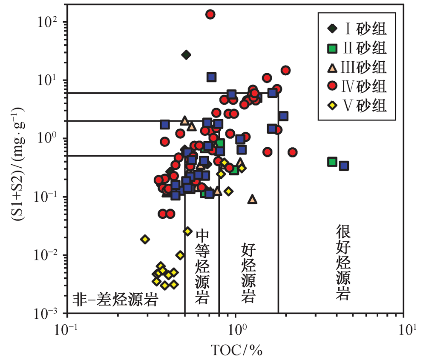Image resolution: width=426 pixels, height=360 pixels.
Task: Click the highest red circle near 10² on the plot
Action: [210, 14]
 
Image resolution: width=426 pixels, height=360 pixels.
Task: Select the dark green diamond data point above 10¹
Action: [186, 55]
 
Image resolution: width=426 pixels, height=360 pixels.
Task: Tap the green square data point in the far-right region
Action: [332, 162]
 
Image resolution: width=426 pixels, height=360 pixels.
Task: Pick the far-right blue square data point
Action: [344, 166]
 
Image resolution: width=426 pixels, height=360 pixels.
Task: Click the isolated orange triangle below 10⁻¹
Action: [252, 200]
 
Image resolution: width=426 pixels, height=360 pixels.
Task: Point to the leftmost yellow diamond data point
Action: [145, 239]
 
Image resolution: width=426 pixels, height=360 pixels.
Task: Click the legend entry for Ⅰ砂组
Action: [357, 29]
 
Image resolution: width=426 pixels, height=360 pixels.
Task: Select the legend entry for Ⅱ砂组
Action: [357, 48]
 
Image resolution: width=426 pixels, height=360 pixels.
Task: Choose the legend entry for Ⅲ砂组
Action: [357, 67]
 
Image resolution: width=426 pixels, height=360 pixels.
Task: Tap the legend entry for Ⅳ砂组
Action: [357, 86]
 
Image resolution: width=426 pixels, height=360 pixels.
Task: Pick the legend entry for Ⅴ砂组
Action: [357, 105]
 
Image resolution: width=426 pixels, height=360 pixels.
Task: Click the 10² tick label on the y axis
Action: [48, 22]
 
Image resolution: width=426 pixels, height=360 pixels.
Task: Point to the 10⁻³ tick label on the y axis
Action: [46, 314]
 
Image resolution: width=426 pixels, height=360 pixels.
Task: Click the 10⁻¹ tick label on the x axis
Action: [66, 330]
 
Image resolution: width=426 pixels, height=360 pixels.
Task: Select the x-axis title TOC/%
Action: [236, 350]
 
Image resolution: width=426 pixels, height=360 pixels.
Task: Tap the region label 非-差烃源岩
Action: [115, 300]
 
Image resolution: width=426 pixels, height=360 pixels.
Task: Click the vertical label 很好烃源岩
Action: [343, 262]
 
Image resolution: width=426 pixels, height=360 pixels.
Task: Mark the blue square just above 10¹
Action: [211, 77]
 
